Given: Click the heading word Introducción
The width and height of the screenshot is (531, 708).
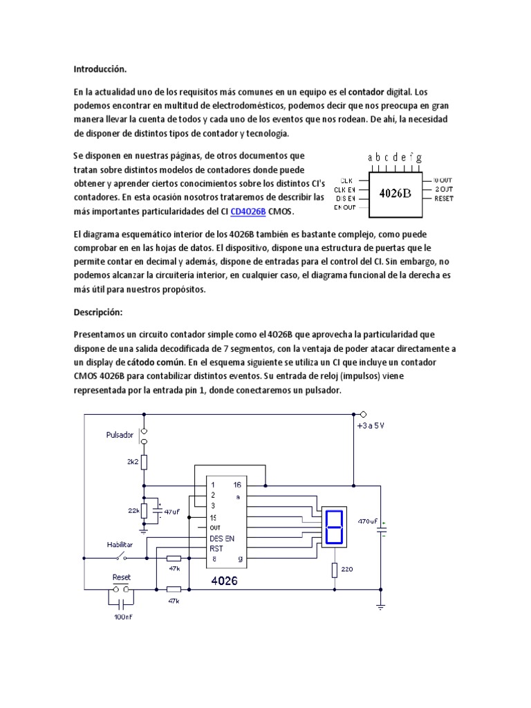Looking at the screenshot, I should click(x=101, y=69).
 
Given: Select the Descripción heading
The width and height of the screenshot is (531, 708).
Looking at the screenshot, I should click(x=98, y=312).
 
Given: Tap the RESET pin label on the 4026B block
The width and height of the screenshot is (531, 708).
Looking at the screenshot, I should click(x=444, y=198).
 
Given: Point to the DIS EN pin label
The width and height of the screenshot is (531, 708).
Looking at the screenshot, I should click(x=345, y=198).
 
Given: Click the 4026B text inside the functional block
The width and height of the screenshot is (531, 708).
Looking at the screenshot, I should click(x=395, y=193).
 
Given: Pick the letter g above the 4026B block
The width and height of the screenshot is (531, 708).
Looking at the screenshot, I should click(x=419, y=158).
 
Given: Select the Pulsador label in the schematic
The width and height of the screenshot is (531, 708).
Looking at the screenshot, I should click(x=119, y=436).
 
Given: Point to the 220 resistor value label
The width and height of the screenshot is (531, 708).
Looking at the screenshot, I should click(x=348, y=570).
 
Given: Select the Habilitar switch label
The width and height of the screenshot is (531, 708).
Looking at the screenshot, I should click(x=120, y=544).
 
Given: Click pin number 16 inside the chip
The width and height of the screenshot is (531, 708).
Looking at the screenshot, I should click(x=237, y=485).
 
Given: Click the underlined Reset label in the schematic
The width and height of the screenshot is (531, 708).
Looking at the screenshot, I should click(x=121, y=577).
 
